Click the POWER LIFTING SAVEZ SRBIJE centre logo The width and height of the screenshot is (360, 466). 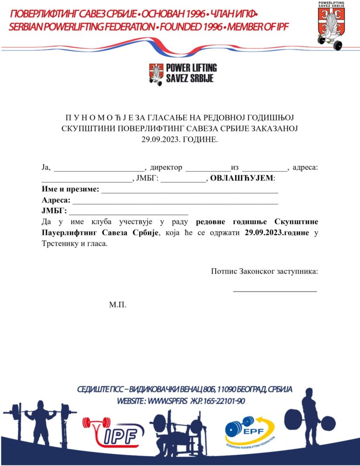182,74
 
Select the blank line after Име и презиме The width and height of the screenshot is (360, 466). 190,191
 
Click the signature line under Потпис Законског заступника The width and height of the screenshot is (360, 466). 275,291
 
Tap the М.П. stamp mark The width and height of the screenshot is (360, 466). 118,305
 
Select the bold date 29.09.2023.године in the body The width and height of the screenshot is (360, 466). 277,233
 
